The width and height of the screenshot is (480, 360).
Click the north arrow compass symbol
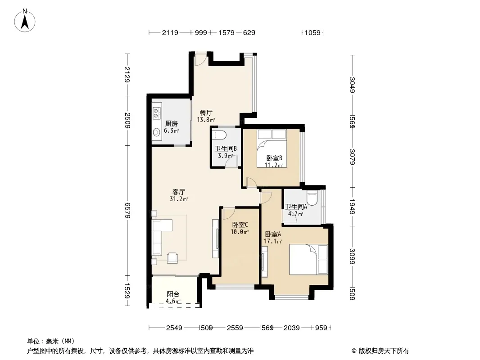pos(25,20)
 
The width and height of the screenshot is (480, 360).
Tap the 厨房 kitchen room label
pos(172,124)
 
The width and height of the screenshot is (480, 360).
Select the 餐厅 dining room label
pos(206,112)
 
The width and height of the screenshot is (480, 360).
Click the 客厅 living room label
pos(178,192)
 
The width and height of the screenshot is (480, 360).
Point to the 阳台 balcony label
pos(173,294)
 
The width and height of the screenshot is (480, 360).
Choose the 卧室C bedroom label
pos(240,225)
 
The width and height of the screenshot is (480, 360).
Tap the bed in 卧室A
pos(308,259)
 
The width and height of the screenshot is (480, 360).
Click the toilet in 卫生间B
pos(219,135)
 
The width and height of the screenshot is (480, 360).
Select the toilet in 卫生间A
pos(312,198)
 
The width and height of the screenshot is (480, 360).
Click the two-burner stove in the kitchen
pos(157,113)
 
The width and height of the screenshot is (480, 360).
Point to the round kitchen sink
pos(156,132)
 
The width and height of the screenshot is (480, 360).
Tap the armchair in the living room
pos(172,258)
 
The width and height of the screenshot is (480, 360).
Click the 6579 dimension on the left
pos(127,211)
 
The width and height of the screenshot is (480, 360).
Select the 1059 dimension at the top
pos(312,32)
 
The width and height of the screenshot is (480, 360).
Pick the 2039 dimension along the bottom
pos(291,328)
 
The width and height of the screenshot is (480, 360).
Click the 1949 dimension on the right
pos(352,207)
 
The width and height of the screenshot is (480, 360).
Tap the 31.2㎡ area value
pos(179,199)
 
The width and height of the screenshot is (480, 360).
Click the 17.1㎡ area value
pos(273,241)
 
